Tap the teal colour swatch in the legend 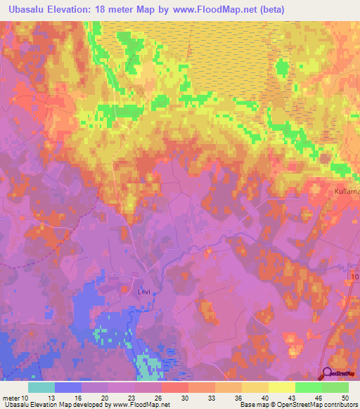[x=41, y=387]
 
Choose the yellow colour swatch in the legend [x=282, y=387]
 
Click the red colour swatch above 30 [x=175, y=387]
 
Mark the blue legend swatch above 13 [x=68, y=387]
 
